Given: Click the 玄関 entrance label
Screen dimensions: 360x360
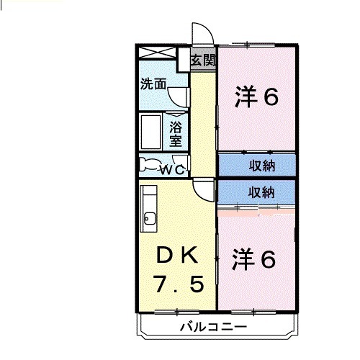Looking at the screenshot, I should point(203,60).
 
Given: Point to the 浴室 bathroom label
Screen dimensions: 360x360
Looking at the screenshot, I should point(176,133).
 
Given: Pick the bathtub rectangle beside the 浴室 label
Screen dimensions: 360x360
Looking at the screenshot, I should point(152,131).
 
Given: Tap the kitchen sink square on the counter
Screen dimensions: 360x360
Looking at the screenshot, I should point(149,218).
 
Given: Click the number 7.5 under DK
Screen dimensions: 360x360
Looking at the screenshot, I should point(177,285).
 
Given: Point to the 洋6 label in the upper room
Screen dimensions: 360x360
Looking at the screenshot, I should point(256,97).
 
